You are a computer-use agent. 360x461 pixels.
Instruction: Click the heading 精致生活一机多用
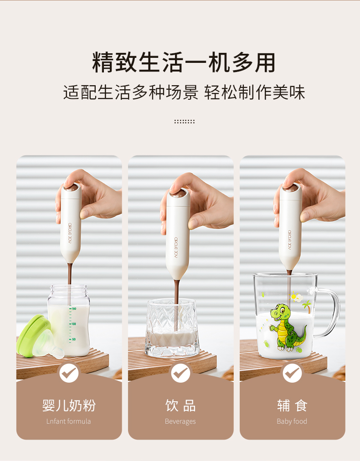pyautogui.click(x=184, y=63)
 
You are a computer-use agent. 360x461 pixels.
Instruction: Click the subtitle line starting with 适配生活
pyautogui.click(x=184, y=92)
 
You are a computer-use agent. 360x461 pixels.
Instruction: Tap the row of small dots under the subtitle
pyautogui.click(x=184, y=122)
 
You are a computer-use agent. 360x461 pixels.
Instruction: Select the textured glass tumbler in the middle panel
pyautogui.click(x=172, y=328)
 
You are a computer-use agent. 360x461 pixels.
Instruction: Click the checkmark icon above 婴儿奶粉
pyautogui.click(x=69, y=373)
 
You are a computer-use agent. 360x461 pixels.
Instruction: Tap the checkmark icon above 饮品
pyautogui.click(x=180, y=373)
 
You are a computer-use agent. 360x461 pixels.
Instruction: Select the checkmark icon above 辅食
pyautogui.click(x=292, y=373)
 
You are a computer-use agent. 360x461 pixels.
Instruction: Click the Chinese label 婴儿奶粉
pyautogui.click(x=69, y=405)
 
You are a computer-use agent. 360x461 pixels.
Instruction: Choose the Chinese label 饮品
pyautogui.click(x=180, y=405)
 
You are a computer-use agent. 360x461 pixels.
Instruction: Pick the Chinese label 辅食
pyautogui.click(x=292, y=405)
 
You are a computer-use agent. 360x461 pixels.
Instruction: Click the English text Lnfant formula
pyautogui.click(x=69, y=421)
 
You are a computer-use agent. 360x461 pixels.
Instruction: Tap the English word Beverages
pyautogui.click(x=180, y=421)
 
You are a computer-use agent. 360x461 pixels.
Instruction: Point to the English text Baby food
pyautogui.click(x=292, y=421)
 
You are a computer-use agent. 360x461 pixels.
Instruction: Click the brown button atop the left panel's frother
pyautogui.click(x=70, y=187)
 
